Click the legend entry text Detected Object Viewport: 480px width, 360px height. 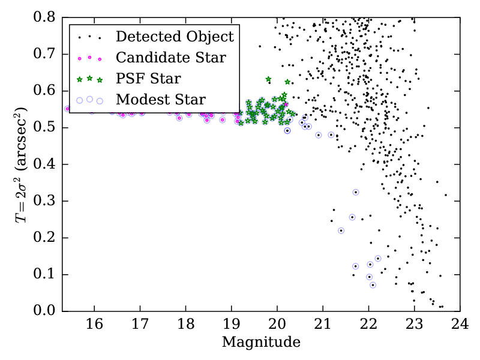tap(175, 37)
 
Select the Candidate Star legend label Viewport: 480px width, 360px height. tap(171, 58)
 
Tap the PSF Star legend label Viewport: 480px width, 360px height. tap(148, 79)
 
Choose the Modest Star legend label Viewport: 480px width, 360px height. tap(161, 100)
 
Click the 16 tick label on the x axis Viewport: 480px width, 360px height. tap(94, 325)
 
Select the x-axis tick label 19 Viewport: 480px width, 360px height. tap(231, 325)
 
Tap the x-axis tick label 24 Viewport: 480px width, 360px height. tap(460, 325)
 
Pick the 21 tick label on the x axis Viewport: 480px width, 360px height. tap(323, 325)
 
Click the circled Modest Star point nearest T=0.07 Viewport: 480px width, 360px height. tap(373, 285)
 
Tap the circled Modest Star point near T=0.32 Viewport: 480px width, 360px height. tap(355, 192)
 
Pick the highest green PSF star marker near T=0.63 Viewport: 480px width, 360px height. tap(268, 79)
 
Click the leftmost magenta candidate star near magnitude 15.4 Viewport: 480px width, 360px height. tap(67, 109)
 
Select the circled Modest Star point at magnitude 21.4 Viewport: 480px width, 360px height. tap(341, 230)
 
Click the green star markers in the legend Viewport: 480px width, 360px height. tap(90, 79)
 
